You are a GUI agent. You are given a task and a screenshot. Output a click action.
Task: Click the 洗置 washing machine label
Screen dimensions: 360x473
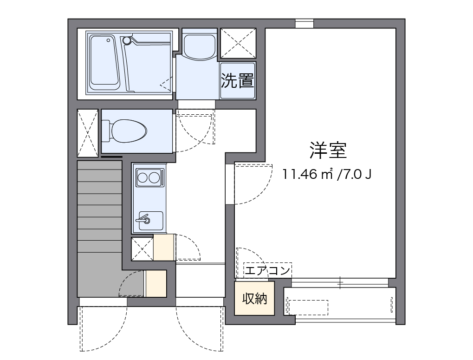tap(237, 81)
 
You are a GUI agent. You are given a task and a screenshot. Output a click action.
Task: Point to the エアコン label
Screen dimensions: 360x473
tap(267, 270)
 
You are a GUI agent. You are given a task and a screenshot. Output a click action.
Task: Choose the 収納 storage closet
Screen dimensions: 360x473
tap(254, 299)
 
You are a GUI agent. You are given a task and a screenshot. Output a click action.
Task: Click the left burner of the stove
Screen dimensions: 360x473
tap(143, 177)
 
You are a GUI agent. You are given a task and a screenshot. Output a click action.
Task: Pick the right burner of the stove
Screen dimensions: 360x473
tap(155, 177)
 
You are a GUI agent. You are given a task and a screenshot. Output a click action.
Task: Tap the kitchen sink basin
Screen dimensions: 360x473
tap(149, 221)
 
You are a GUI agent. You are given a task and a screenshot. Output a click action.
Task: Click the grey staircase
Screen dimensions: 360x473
tap(99, 228)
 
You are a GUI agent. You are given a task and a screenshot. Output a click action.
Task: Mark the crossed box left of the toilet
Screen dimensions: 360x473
tap(87, 133)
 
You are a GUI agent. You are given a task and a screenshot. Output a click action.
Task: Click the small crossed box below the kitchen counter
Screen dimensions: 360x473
tap(142, 249)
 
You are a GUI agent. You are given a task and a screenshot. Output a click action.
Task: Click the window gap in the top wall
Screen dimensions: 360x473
tap(305, 23)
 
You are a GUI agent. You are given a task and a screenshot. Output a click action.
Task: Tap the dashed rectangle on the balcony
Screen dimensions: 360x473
tap(308, 308)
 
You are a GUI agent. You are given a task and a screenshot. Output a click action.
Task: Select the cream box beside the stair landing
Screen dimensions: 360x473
tap(156, 283)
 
